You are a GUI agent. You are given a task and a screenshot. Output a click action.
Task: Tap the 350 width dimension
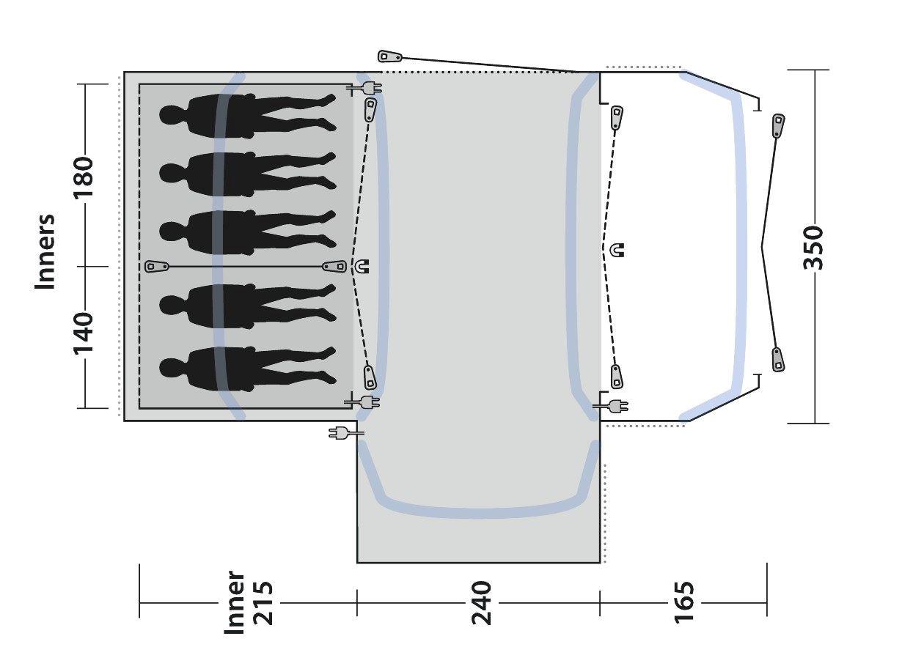pyautogui.click(x=814, y=248)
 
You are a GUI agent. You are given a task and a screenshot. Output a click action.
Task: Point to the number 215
pyautogui.click(x=262, y=603)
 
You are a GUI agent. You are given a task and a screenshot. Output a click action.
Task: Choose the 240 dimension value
pyautogui.click(x=481, y=603)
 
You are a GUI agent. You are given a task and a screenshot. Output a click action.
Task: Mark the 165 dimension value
pyautogui.click(x=682, y=603)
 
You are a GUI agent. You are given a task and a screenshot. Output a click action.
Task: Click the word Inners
pyautogui.click(x=45, y=251)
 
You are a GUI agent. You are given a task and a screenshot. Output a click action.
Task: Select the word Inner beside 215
pyautogui.click(x=235, y=603)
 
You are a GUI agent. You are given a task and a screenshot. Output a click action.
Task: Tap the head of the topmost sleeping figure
pyautogui.click(x=171, y=115)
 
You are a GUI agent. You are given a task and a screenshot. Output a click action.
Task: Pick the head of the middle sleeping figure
pyautogui.click(x=171, y=232)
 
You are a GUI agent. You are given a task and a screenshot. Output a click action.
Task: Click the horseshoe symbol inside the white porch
pyautogui.click(x=618, y=250)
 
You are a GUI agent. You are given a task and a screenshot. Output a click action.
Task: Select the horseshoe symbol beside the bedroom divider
pyautogui.click(x=362, y=267)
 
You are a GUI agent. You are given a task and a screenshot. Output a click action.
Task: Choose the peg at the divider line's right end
pyautogui.click(x=334, y=267)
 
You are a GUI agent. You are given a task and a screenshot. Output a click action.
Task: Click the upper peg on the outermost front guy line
pyautogui.click(x=777, y=125)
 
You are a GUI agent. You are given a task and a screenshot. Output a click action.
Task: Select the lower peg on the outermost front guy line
pyautogui.click(x=777, y=359)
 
